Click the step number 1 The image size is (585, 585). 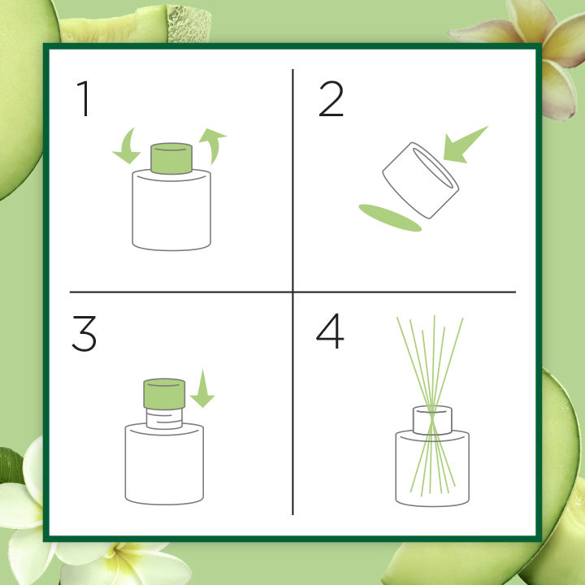84,99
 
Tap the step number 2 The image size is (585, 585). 331,99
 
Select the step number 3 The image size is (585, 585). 84,334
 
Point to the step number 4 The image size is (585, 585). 330,331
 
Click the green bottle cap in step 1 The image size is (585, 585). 171,158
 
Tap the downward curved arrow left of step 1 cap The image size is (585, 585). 127,146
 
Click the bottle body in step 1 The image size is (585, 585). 171,210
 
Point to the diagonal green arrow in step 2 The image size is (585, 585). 466,145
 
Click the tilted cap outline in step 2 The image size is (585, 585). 421,180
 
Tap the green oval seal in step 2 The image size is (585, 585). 390,218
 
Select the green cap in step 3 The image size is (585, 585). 164,394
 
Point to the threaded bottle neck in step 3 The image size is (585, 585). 164,418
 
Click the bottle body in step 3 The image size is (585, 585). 164,464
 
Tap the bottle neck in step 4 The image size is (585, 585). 432,420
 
